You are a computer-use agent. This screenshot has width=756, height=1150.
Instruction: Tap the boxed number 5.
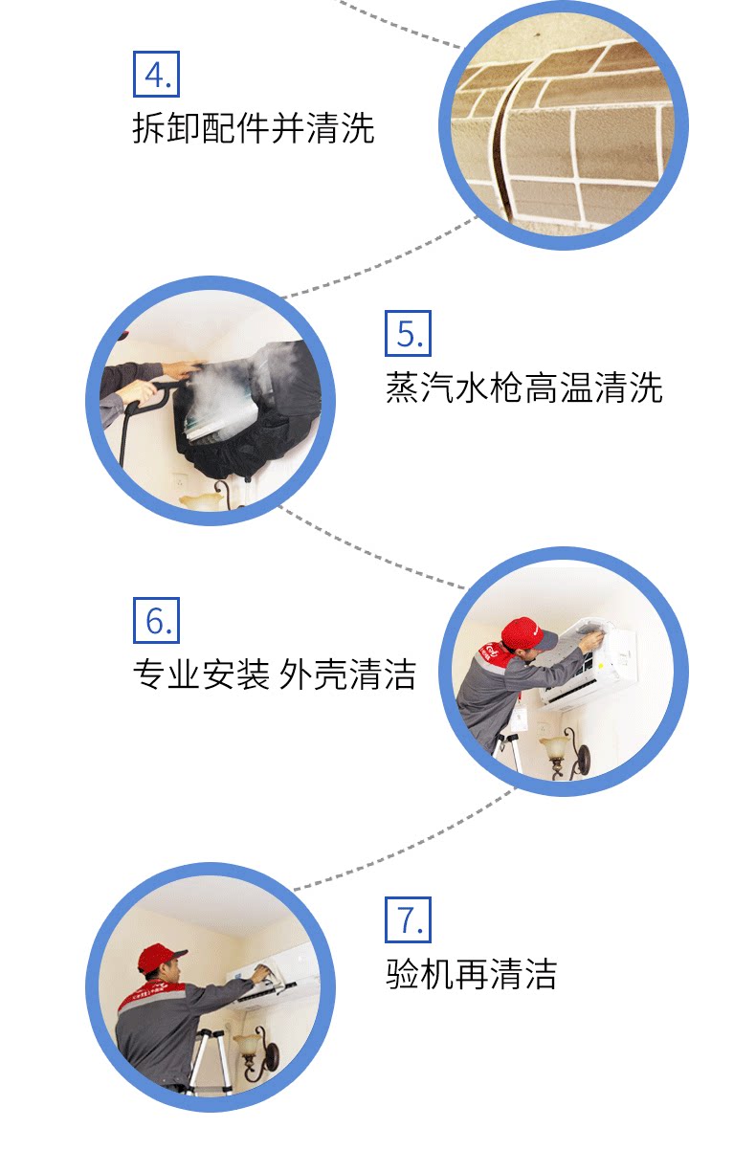pos(409,334)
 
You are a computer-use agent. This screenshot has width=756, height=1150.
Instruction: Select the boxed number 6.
pos(156,621)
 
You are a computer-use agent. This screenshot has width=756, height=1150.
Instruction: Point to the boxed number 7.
pos(409,919)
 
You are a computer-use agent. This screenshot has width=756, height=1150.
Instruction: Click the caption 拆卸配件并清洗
pos(254,128)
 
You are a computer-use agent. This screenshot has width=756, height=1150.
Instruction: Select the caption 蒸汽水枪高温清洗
pos(523,388)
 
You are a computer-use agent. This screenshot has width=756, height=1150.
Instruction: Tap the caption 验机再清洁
pos(471,974)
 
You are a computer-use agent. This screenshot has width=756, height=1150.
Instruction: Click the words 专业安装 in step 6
pos(200,675)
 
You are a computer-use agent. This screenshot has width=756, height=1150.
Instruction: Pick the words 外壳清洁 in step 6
pos(348,675)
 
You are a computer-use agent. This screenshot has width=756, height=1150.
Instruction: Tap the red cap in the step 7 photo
pos(160,956)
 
